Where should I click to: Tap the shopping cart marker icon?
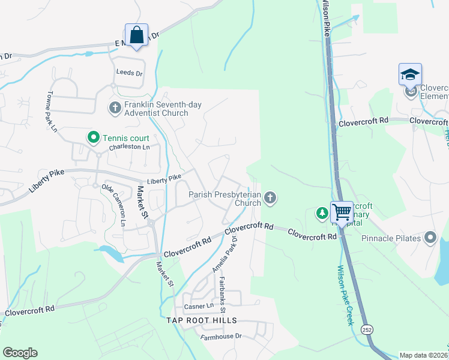[342, 212]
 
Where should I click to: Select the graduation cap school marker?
[410, 75]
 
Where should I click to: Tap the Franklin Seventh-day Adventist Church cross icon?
[115, 108]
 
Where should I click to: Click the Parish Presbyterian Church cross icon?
[271, 197]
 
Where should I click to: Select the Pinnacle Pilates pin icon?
[430, 238]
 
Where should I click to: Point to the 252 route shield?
[366, 329]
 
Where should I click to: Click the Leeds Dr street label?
[129, 73]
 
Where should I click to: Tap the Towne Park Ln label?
[52, 112]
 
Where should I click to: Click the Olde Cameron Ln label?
[116, 205]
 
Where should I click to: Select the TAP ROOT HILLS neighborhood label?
[202, 321]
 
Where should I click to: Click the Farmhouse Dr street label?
[221, 337]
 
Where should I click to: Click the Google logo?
[20, 353]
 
